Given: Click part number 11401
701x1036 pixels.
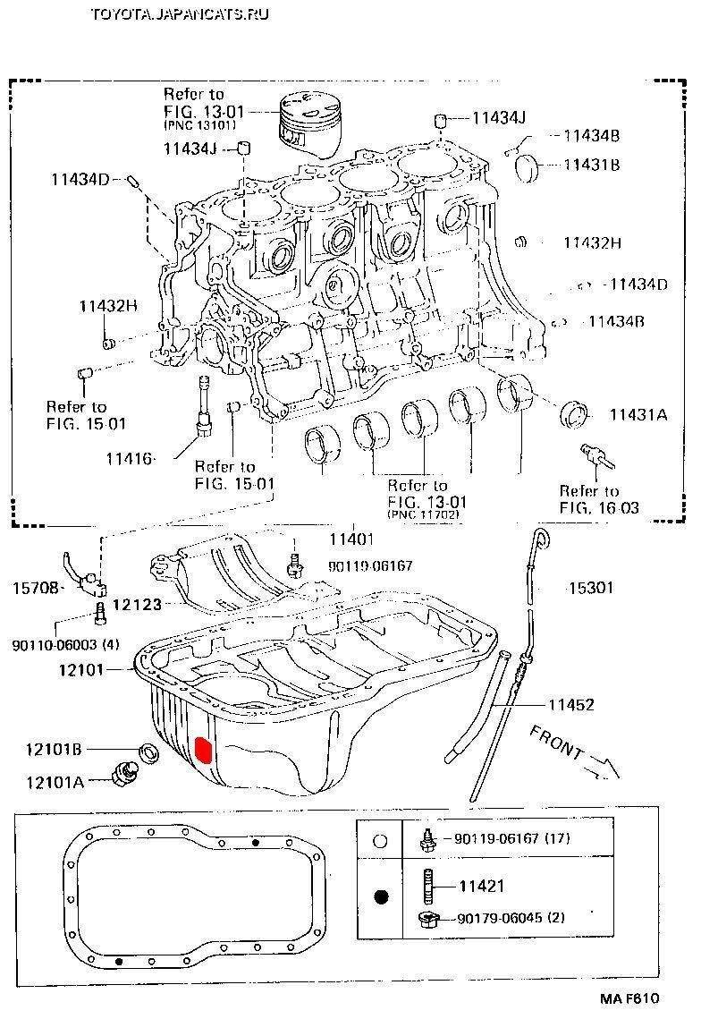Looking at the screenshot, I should (x=350, y=539).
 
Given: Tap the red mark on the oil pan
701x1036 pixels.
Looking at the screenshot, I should (x=203, y=748).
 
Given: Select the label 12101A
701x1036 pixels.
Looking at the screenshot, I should (x=55, y=782).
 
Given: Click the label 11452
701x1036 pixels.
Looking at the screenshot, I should (x=571, y=705).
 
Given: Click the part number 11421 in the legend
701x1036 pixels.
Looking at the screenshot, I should (x=482, y=887).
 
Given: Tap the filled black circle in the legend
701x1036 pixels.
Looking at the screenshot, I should (x=381, y=896).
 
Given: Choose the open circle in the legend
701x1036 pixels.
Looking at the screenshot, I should (x=380, y=841).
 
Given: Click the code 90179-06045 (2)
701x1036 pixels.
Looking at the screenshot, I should (x=511, y=918).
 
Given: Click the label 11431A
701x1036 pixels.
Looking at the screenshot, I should (x=638, y=414).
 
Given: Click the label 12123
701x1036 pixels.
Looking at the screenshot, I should (x=137, y=605).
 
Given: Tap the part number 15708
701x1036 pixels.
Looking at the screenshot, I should (x=35, y=588).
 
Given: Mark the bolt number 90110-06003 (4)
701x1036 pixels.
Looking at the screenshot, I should (x=66, y=644).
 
